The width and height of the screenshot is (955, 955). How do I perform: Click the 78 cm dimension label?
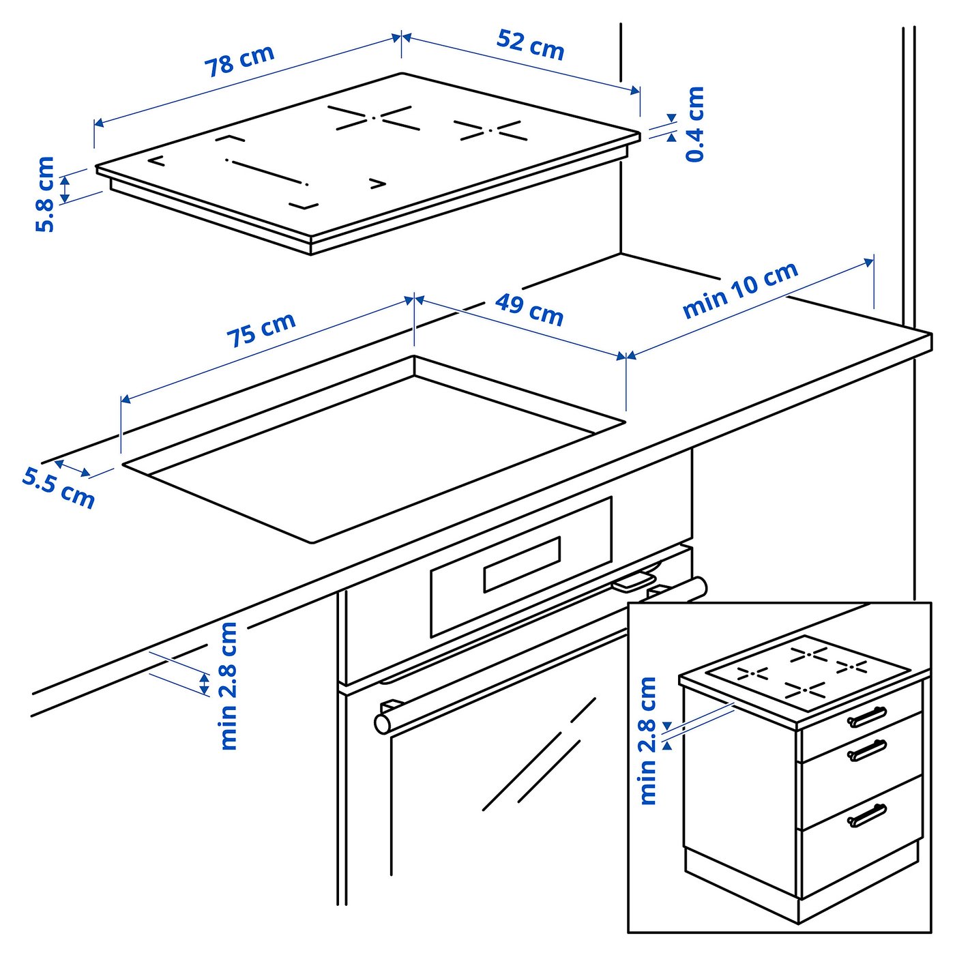pyautogui.click(x=239, y=61)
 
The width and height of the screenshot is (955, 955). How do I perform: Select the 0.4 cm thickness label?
pyautogui.click(x=694, y=124)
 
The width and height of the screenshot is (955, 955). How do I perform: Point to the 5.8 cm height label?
pyautogui.click(x=45, y=194)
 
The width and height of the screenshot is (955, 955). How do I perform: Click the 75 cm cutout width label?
pyautogui.click(x=261, y=329)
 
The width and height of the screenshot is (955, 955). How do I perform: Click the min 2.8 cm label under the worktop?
pyautogui.click(x=229, y=686)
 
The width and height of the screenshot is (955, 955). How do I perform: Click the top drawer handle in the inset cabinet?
pyautogui.click(x=867, y=717)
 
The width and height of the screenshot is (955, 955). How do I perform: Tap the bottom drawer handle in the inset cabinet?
pyautogui.click(x=867, y=815)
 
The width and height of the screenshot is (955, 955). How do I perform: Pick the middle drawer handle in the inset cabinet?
pyautogui.click(x=867, y=750)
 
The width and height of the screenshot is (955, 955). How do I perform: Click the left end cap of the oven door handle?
pyautogui.click(x=383, y=724)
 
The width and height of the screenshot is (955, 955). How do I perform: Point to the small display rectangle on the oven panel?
pyautogui.click(x=522, y=564)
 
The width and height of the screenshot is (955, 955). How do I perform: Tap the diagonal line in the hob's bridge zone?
pyautogui.click(x=267, y=173)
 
